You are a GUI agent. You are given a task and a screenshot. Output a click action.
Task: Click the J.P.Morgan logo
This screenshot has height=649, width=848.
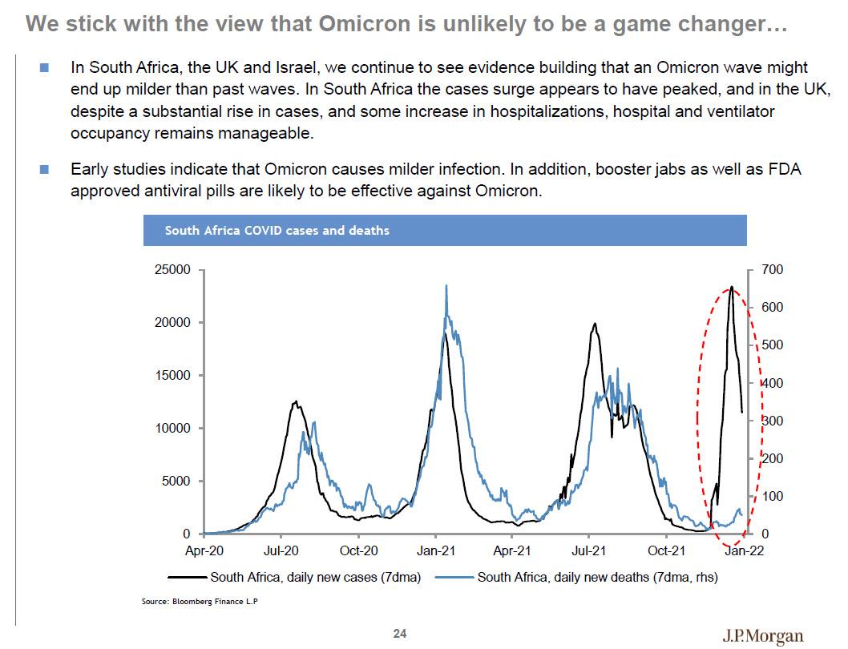point(762,636)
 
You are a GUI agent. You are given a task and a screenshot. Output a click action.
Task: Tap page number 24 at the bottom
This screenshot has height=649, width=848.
point(400,634)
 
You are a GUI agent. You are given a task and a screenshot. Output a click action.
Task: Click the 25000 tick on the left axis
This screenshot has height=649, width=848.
point(172,270)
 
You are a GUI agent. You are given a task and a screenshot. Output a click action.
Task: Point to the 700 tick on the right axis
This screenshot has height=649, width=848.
point(772,270)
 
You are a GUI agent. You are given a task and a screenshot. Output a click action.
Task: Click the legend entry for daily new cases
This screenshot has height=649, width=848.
point(315,576)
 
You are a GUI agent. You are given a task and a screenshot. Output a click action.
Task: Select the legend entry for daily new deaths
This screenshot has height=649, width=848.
point(597,576)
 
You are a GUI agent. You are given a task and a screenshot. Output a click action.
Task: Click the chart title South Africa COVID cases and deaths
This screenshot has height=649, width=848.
point(277,230)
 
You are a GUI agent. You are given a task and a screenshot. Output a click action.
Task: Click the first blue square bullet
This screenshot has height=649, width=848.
point(44,67)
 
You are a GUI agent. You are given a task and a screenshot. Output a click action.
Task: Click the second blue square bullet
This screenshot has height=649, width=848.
point(44,169)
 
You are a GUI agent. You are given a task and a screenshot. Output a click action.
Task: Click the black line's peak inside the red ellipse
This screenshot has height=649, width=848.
point(731,287)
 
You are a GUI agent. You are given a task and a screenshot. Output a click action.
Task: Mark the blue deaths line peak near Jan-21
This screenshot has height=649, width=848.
point(446,285)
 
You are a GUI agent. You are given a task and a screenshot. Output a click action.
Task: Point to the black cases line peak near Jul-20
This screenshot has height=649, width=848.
point(296,401)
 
